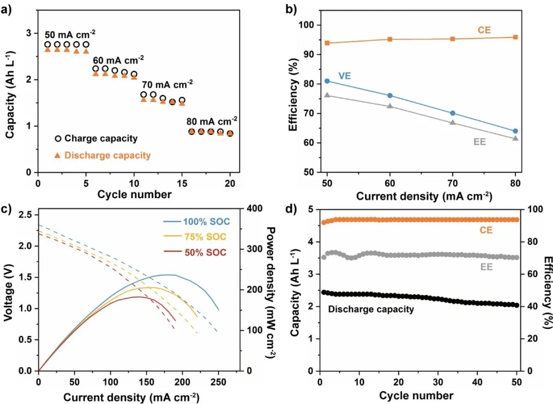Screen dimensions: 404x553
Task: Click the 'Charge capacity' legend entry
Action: tap(97, 138)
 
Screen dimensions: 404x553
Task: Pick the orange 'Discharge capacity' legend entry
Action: tap(102, 155)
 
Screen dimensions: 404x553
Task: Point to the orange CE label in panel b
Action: tap(484, 30)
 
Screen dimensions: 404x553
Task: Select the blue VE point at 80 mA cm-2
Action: tap(515, 131)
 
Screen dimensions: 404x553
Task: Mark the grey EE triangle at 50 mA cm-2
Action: tap(327, 95)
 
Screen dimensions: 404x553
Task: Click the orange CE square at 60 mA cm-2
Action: tap(390, 39)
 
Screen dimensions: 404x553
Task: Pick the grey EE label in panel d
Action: tap(485, 266)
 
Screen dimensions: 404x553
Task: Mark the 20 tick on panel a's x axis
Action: tap(230, 183)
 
